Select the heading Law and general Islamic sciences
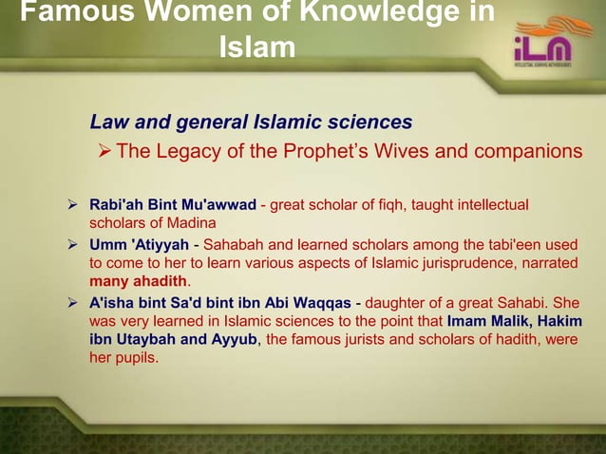coord(251,122)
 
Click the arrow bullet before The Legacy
coord(104,152)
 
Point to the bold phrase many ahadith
coord(138,281)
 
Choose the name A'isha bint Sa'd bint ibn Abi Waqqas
coord(219,303)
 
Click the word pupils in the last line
coord(138,358)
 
